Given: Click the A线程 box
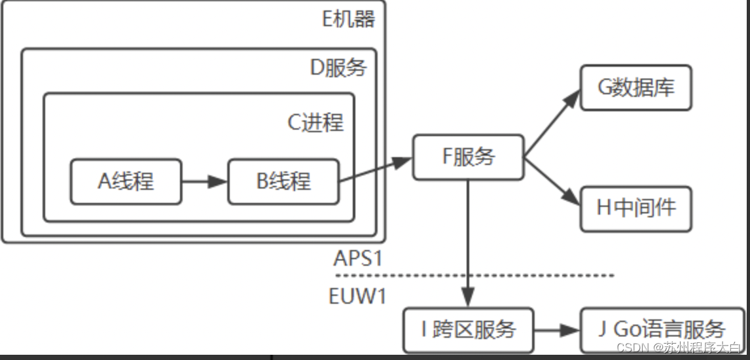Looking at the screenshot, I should pyautogui.click(x=126, y=181).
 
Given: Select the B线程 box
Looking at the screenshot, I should pyautogui.click(x=283, y=181).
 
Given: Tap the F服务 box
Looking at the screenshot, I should pyautogui.click(x=468, y=157).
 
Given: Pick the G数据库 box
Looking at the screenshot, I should pyautogui.click(x=635, y=88).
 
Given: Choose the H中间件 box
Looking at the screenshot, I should pyautogui.click(x=635, y=208).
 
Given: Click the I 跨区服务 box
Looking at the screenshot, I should pyautogui.click(x=468, y=329).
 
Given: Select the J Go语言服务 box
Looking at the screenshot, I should pyautogui.click(x=661, y=329).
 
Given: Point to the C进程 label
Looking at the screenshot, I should pyautogui.click(x=315, y=122).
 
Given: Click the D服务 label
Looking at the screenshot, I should pyautogui.click(x=338, y=68).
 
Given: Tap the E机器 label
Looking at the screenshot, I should pyautogui.click(x=349, y=19).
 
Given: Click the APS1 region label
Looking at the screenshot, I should pyautogui.click(x=357, y=258).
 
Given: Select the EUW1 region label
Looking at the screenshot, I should pyautogui.click(x=357, y=296).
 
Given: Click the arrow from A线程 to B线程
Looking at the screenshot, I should pyautogui.click(x=204, y=181).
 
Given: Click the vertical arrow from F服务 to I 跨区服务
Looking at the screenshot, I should pyautogui.click(x=468, y=242).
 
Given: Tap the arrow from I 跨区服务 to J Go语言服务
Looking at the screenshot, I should pyautogui.click(x=557, y=330).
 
